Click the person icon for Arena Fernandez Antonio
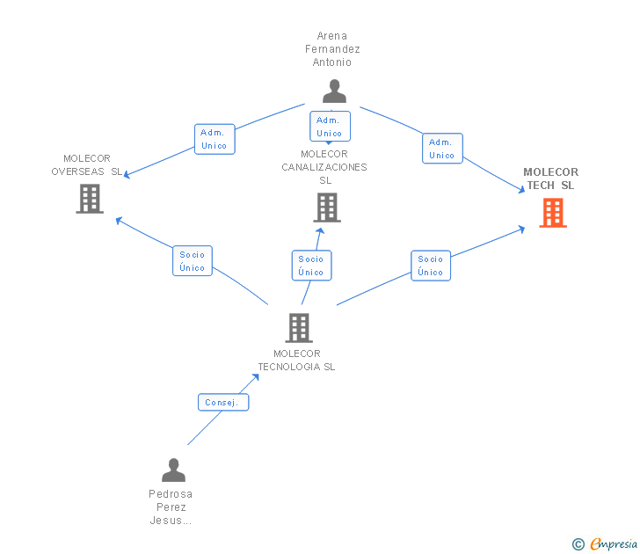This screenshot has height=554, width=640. pos(334,91)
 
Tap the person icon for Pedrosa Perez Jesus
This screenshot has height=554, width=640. pos(173,470)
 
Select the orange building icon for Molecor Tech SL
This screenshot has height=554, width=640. pos(552,212)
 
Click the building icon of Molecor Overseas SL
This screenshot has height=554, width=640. pos(90,199)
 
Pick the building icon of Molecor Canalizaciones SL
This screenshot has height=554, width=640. pos(326,208)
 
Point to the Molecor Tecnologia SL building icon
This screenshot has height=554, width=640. pos(299,328)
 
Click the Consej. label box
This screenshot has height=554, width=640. pos(223,403)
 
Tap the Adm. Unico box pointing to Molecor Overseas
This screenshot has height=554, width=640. pos(214,139)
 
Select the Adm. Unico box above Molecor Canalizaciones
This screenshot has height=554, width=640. pos(330,127)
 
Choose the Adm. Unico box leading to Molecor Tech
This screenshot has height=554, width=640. pos(441,149)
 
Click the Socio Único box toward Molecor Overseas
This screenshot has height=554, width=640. pos(193,261)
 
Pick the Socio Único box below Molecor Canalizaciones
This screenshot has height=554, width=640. pos(311,266)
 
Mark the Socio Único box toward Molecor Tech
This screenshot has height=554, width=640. pos(431,266)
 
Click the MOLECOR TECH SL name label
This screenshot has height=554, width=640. pos(550,179)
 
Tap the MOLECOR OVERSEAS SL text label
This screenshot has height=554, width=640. pos(86,164)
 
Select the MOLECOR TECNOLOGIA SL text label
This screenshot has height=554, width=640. pos(296,361)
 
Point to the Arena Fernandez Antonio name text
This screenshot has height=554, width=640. pos(332,49)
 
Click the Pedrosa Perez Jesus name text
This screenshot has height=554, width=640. pos(171,507)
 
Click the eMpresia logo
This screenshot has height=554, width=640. pos(613,544)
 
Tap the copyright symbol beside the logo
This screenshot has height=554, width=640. pos(578,544)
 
